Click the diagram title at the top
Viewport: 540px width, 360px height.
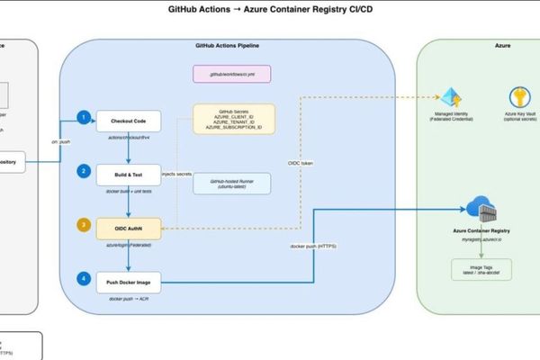pyautogui.click(x=270, y=10)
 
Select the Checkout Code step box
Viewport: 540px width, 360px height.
pyautogui.click(x=129, y=121)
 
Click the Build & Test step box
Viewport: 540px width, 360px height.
pyautogui.click(x=129, y=172)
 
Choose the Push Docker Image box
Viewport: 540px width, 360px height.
pyautogui.click(x=129, y=282)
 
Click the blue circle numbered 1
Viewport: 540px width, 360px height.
pyautogui.click(x=84, y=117)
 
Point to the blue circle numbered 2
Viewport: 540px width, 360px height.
pyautogui.click(x=84, y=169)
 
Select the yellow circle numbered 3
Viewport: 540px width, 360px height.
pyautogui.click(x=84, y=224)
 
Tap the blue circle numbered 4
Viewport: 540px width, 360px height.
pyautogui.click(x=84, y=279)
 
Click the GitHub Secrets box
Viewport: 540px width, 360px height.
pyautogui.click(x=234, y=119)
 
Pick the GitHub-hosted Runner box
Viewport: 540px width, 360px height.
pyautogui.click(x=234, y=184)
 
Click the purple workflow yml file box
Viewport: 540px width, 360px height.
pyautogui.click(x=233, y=72)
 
